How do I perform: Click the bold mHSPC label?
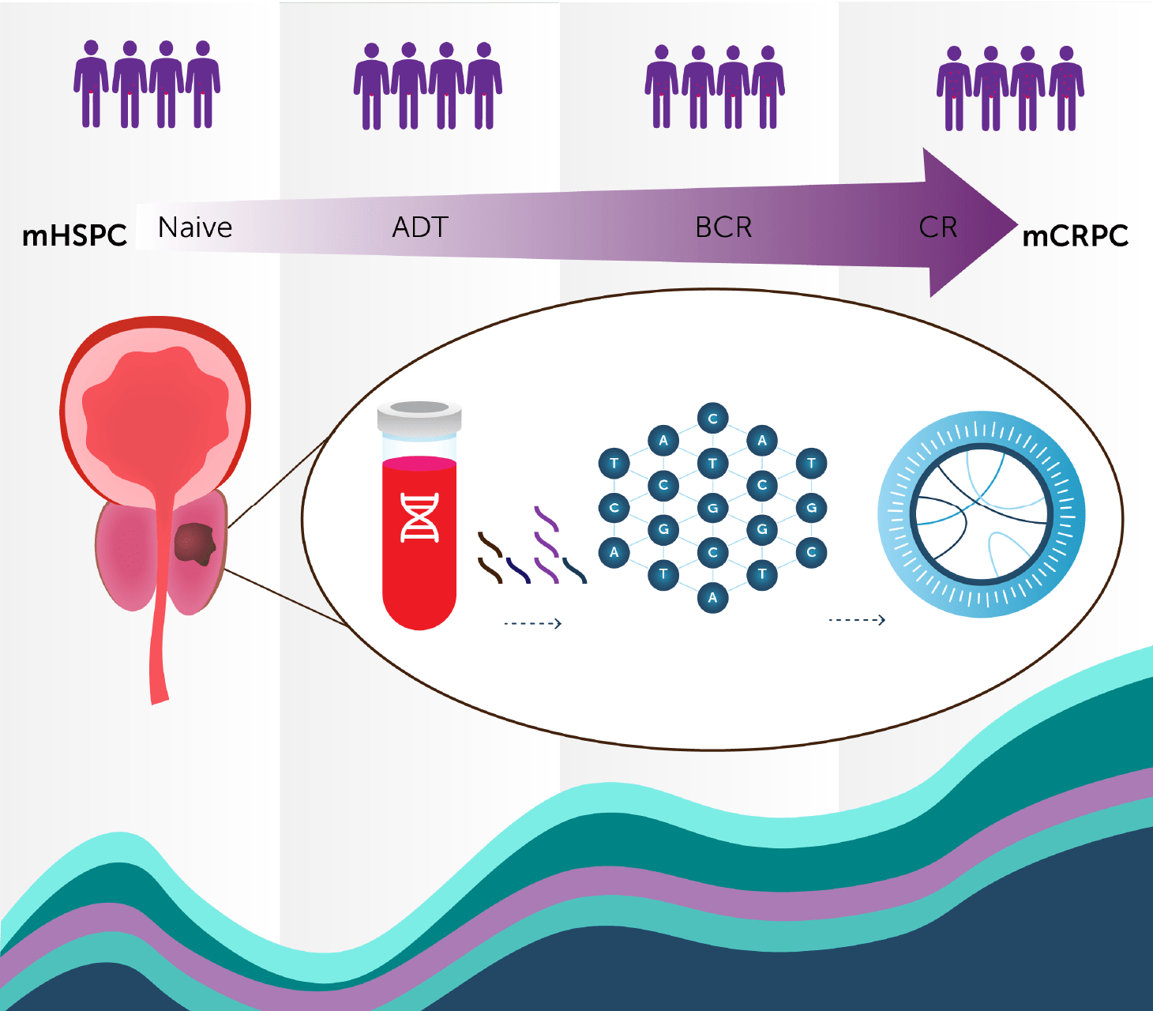[74, 235]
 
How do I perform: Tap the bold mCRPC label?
[1075, 235]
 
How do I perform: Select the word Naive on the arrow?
[195, 227]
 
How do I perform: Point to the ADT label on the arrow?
[420, 227]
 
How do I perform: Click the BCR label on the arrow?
[723, 227]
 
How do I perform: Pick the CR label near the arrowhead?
[938, 227]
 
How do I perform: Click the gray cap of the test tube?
[419, 416]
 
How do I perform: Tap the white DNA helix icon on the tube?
[420, 517]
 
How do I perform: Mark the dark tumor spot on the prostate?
[194, 544]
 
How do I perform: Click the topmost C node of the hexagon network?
[712, 419]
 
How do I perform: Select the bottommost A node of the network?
[712, 597]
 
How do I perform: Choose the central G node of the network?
[712, 508]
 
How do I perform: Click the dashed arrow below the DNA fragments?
[533, 624]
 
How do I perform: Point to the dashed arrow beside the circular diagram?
[857, 620]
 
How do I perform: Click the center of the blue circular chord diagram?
[982, 514]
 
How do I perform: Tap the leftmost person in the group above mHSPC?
[91, 84]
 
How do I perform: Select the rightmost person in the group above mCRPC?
[1066, 88]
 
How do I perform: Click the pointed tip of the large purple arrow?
[1017, 224]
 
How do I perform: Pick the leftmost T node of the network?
[614, 463]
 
